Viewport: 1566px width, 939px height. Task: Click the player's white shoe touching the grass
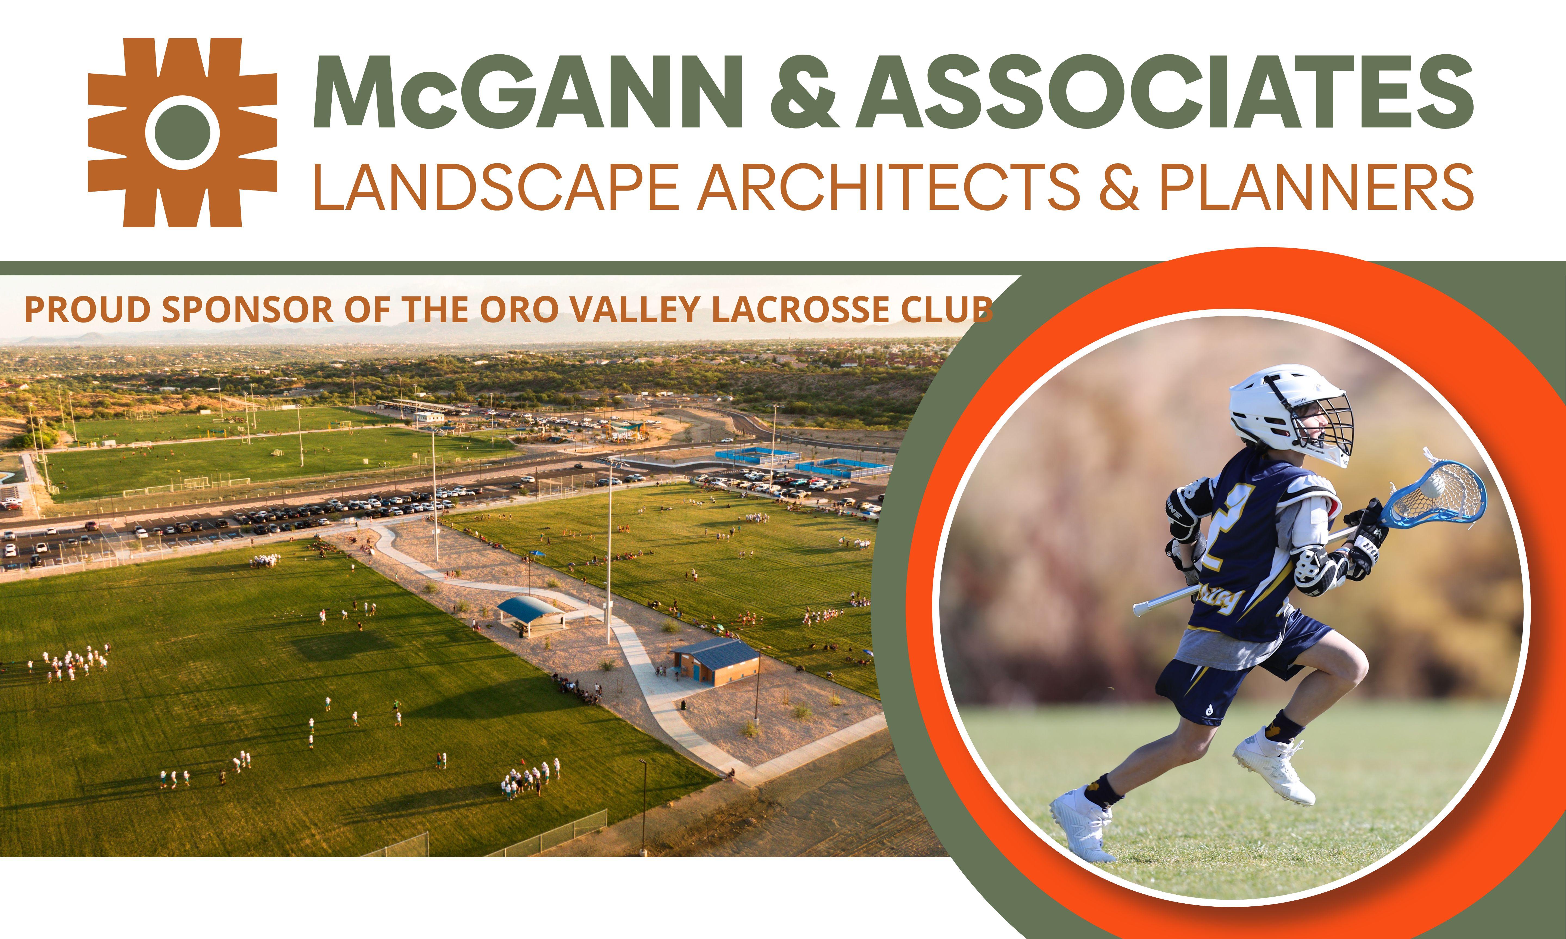[1081, 822]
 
